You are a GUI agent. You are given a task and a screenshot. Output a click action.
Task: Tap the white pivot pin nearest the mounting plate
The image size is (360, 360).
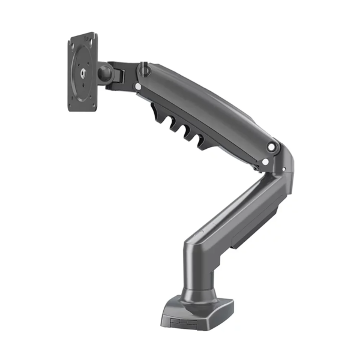[139, 87]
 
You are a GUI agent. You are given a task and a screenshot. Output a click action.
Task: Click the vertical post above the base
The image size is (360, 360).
[195, 264]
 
